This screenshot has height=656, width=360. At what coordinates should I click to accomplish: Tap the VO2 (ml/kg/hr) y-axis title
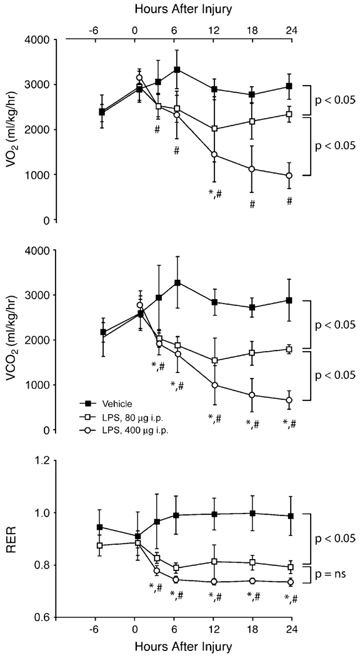pos(14,130)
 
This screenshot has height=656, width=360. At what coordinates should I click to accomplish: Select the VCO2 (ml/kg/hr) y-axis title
pos(14,340)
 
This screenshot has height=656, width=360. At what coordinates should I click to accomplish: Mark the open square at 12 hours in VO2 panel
pos(215,129)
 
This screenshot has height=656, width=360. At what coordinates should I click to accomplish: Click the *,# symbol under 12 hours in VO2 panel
pos(214,192)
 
